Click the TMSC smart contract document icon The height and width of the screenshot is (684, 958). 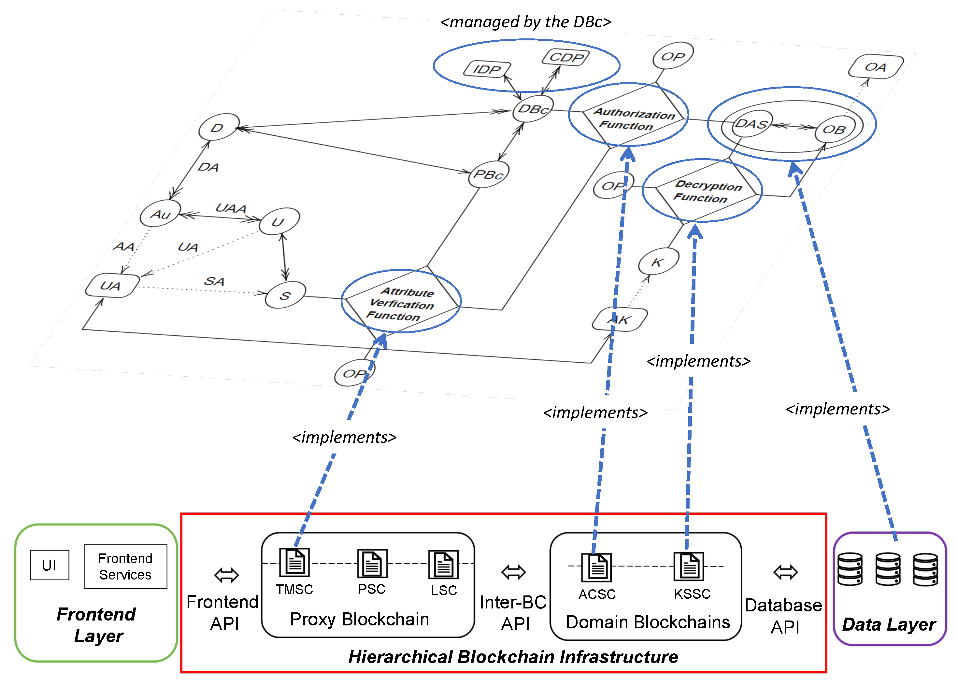[x=294, y=563]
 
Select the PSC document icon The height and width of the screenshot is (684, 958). [x=372, y=564]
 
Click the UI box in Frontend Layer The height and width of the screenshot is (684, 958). [x=49, y=565]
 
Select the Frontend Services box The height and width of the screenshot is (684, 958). [x=125, y=566]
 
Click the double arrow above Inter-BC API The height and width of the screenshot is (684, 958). [x=513, y=572]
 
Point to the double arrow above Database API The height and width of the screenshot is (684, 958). [x=786, y=572]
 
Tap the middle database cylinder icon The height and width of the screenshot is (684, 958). [x=888, y=569]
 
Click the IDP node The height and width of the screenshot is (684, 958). [x=487, y=69]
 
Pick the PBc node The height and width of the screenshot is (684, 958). [x=489, y=174]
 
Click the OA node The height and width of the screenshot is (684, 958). [x=875, y=66]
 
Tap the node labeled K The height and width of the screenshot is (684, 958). [x=658, y=262]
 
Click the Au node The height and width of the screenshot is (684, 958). [x=160, y=214]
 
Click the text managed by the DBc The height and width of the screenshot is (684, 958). [x=525, y=22]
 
